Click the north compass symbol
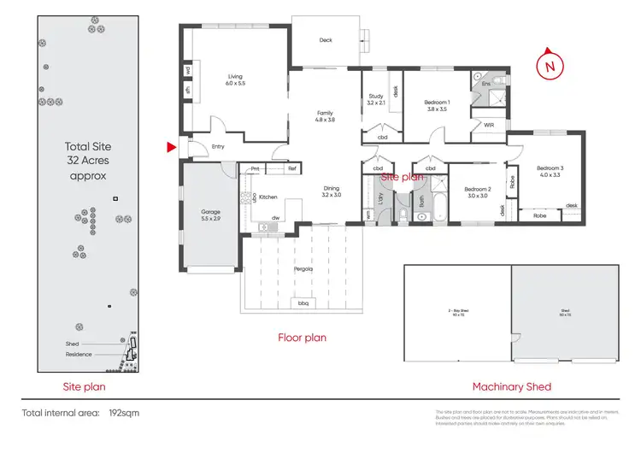[x=549, y=64]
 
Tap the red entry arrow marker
[x=171, y=148]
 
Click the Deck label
[x=326, y=40]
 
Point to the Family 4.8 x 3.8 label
[x=325, y=116]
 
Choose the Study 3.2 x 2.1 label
[x=376, y=99]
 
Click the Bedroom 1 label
[x=436, y=106]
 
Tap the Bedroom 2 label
[x=477, y=191]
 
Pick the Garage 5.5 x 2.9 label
[x=211, y=215]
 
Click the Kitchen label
[x=268, y=197]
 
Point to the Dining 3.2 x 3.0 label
[x=332, y=191]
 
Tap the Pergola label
[x=303, y=268]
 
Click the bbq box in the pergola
[x=303, y=303]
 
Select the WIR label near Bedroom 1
[x=489, y=125]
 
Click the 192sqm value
[x=124, y=413]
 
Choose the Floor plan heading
[x=302, y=338]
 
